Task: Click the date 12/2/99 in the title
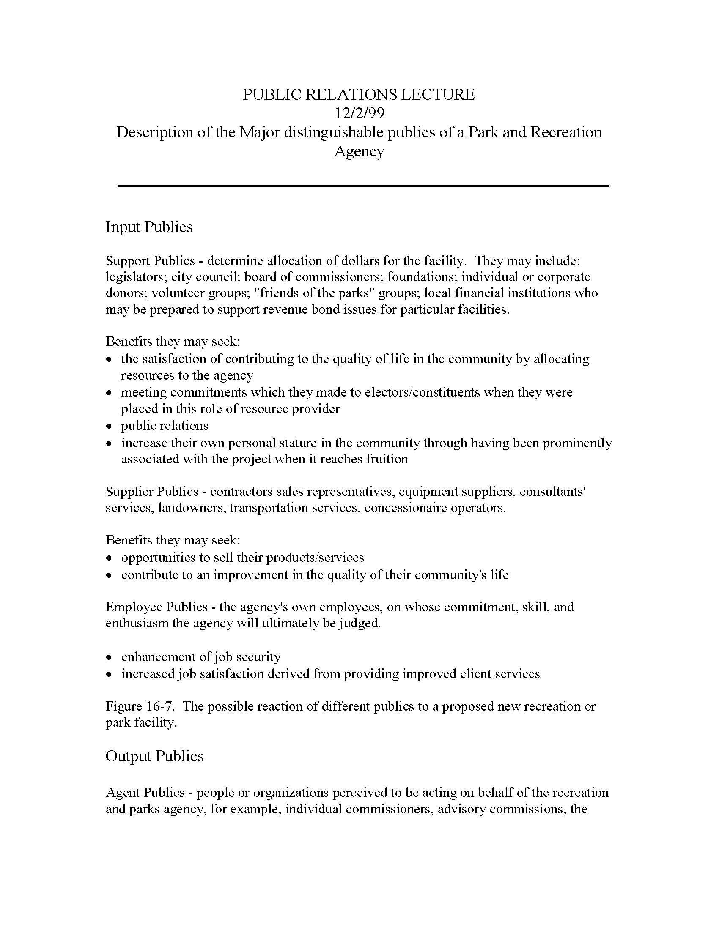359,113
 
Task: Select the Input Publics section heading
149,227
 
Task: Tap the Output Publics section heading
155,755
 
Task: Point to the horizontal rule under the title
363,186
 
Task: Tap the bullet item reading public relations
165,425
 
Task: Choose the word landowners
191,508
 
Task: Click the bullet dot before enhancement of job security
110,657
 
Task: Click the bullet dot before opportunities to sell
110,558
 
